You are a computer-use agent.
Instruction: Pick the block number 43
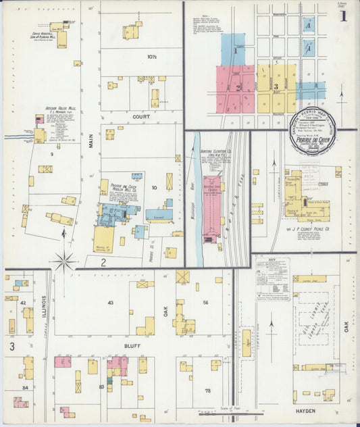pos(109,302)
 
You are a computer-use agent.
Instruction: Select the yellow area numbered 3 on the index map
pos(276,87)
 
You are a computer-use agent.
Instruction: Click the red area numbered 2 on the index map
pos(237,87)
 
